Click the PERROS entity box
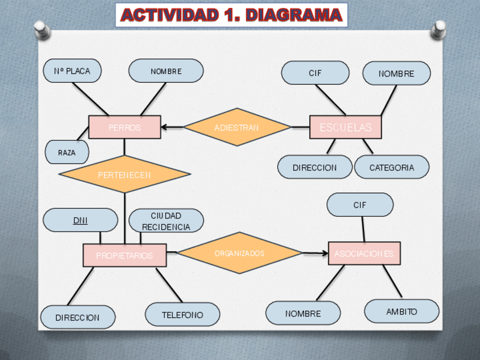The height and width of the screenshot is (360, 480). [125, 127]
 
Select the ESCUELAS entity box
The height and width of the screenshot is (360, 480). [345, 127]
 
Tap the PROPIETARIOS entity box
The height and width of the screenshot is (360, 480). [125, 255]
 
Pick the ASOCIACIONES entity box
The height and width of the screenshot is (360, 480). [364, 254]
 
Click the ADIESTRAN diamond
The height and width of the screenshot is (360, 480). [237, 127]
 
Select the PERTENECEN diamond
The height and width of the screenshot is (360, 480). [125, 174]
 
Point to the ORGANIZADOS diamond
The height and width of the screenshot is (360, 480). [239, 253]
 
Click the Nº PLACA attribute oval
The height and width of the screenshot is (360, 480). [72, 71]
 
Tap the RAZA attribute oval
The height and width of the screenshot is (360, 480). [67, 152]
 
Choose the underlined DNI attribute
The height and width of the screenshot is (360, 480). [80, 220]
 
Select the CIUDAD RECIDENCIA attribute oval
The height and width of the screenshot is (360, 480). [166, 221]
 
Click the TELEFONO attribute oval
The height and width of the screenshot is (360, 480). [182, 315]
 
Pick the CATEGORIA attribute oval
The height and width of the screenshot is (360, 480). [392, 168]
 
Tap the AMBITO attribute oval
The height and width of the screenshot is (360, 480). [401, 311]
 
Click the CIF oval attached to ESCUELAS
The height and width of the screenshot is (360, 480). [315, 73]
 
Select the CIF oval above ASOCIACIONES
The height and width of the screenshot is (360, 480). [360, 205]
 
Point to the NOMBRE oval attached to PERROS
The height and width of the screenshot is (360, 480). [166, 71]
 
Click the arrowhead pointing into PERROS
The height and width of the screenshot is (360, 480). [164, 127]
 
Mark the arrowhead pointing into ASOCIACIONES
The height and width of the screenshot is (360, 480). [325, 253]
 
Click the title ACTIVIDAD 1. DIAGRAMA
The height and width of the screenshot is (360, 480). [232, 15]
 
